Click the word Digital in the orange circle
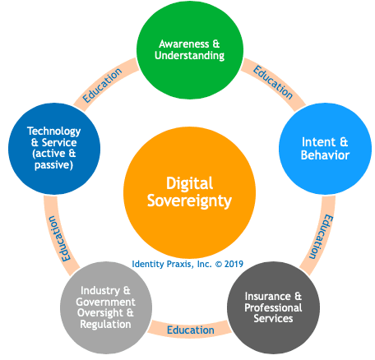click(x=189, y=184)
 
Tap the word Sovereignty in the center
click(x=189, y=201)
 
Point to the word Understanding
click(x=189, y=56)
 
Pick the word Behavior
click(x=325, y=155)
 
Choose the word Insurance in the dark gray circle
click(x=267, y=296)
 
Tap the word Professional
click(x=273, y=307)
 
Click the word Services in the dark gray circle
click(x=273, y=319)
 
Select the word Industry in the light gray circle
click(x=100, y=291)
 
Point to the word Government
click(x=105, y=302)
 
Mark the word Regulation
click(x=105, y=325)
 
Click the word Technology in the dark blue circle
click(x=53, y=132)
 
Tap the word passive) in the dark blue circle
click(x=53, y=165)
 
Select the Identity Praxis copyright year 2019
click(x=234, y=264)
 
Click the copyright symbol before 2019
click(x=219, y=264)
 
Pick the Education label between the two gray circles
click(x=191, y=330)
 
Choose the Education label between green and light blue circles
click(x=273, y=82)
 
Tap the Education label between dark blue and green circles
click(x=102, y=85)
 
